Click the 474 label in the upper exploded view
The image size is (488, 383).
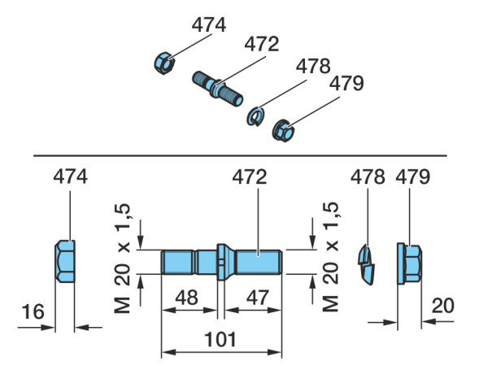[x=209, y=25]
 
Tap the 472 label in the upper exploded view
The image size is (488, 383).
[x=262, y=44]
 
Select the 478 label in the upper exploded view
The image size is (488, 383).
[x=313, y=66]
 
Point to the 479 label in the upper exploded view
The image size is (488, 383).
[x=346, y=84]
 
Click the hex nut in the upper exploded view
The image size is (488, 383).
[x=164, y=63]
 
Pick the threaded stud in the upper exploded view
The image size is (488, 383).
[x=217, y=89]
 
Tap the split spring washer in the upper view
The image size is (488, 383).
[x=255, y=116]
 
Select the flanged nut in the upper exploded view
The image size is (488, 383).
[x=283, y=131]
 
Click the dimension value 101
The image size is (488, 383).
[x=220, y=339]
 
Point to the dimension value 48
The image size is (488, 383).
[x=186, y=297]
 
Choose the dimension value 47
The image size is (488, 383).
[x=257, y=297]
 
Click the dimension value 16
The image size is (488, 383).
[x=33, y=311]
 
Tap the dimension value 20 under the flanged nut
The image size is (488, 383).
[x=443, y=306]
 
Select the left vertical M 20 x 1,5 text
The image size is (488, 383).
[x=122, y=259]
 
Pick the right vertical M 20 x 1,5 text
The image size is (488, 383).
[x=330, y=257]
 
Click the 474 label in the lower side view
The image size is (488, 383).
[x=70, y=176]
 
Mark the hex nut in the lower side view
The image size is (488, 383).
[x=65, y=261]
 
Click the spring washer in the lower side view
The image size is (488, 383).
[x=366, y=265]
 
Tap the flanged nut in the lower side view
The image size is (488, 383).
[x=409, y=263]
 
